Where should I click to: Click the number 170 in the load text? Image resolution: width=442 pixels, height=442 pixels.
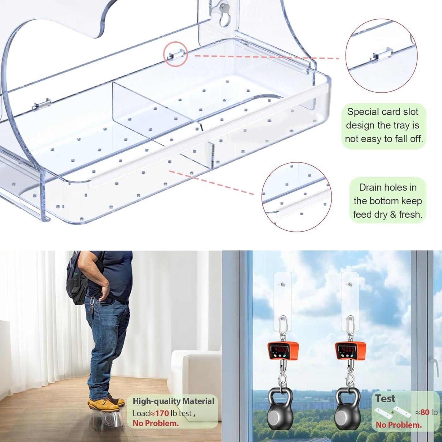pyautogui.click(x=162, y=413)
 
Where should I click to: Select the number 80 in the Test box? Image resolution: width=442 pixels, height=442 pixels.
pyautogui.click(x=425, y=412)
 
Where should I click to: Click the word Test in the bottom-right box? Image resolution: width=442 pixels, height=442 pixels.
pyautogui.click(x=385, y=399)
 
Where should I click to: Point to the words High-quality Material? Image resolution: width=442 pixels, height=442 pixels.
pyautogui.click(x=173, y=401)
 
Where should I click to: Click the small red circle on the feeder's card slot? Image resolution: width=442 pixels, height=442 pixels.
pyautogui.click(x=176, y=54)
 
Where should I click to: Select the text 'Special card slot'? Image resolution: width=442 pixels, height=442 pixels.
pyautogui.click(x=382, y=112)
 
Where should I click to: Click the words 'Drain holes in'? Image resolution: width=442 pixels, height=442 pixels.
pyautogui.click(x=388, y=187)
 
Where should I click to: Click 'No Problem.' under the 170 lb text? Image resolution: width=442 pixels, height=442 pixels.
pyautogui.click(x=155, y=423)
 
